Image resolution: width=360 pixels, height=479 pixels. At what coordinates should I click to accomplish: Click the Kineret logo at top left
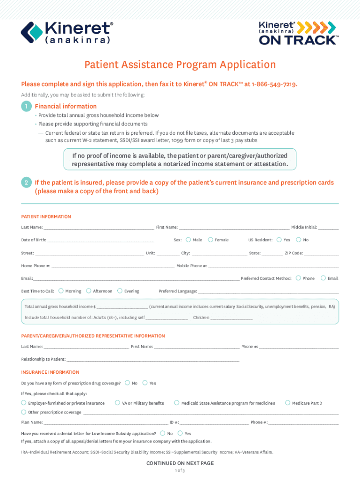(67, 32)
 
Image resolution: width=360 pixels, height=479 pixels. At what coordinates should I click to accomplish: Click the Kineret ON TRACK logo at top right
(298, 32)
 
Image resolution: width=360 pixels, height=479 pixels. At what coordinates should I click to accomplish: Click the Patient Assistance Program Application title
(180, 65)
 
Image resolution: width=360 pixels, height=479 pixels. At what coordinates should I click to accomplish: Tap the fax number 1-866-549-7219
(274, 84)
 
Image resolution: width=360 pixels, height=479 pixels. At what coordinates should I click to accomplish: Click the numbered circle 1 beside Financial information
(26, 106)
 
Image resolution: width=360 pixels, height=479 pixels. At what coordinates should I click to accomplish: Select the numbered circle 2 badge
(26, 182)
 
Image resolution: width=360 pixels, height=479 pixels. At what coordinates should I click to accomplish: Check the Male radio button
(188, 240)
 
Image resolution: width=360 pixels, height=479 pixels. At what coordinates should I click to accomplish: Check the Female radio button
(210, 240)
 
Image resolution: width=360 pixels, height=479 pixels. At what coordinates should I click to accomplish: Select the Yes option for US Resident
(279, 240)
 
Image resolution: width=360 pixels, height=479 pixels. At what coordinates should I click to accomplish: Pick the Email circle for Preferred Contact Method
(323, 278)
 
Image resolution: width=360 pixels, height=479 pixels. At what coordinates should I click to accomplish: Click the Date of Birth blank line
(101, 241)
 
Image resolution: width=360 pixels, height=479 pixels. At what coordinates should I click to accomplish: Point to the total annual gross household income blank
(122, 307)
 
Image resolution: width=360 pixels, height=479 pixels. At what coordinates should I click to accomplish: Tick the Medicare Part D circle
(288, 403)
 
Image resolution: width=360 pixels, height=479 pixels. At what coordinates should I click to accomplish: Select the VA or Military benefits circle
(118, 403)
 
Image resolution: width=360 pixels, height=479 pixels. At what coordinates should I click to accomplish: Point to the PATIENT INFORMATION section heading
(46, 217)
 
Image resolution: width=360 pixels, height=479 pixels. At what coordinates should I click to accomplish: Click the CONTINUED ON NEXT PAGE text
(180, 463)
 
